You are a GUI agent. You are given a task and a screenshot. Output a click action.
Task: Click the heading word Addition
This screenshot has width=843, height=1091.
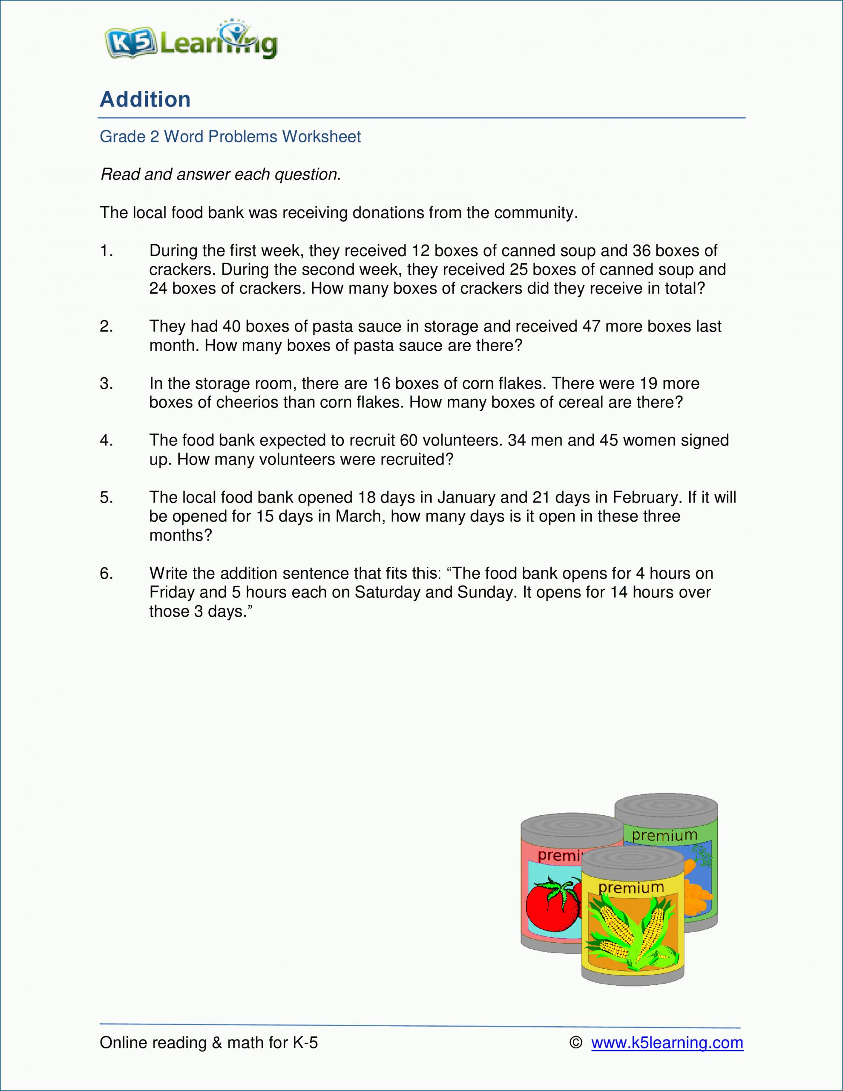click(x=145, y=99)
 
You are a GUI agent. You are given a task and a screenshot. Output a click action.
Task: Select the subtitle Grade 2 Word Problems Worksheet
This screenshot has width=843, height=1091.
click(x=230, y=136)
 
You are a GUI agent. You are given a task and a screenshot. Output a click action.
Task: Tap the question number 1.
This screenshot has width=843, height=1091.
click(x=107, y=251)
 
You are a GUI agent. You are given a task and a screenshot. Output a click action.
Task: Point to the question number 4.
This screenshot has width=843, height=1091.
click(x=107, y=440)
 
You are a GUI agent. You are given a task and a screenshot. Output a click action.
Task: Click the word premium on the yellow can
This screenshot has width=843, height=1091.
click(x=631, y=888)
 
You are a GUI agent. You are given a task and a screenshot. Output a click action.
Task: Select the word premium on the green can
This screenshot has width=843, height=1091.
click(x=664, y=835)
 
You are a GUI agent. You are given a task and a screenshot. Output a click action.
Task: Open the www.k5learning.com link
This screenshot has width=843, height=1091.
click(x=667, y=1042)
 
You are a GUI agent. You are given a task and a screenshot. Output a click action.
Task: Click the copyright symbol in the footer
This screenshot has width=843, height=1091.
click(x=576, y=1042)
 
